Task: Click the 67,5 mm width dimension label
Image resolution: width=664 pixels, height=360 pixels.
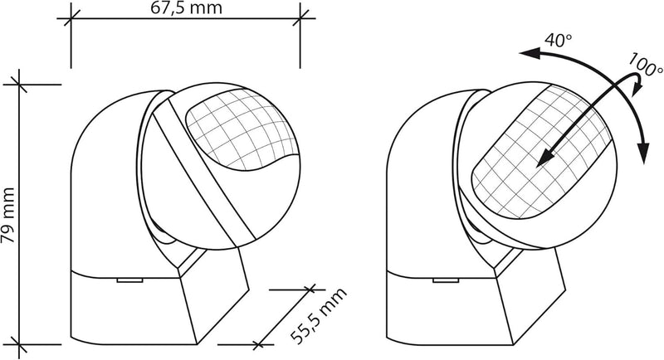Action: click(x=186, y=7)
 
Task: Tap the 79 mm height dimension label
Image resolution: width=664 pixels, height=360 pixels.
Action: click(x=7, y=215)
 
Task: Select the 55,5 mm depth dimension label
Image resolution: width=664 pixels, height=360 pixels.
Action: click(x=319, y=316)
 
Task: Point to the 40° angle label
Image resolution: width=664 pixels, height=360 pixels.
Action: click(x=558, y=40)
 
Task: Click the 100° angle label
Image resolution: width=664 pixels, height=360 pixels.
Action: click(x=645, y=65)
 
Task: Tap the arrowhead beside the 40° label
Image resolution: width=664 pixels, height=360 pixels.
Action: click(x=530, y=53)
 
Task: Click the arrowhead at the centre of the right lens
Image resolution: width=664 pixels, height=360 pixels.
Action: click(x=545, y=158)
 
